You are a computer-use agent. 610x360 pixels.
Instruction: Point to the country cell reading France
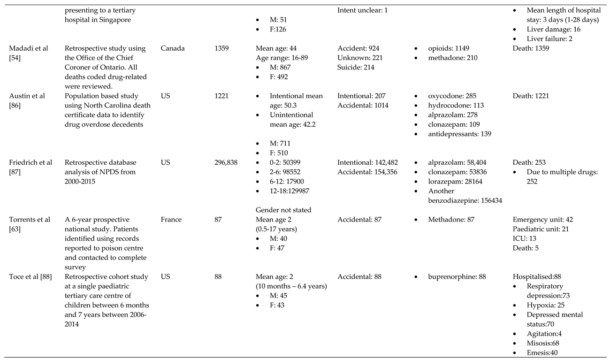point(171,220)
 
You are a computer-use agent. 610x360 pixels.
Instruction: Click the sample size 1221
point(222,96)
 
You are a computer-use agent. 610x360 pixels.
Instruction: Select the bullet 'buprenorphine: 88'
point(457,277)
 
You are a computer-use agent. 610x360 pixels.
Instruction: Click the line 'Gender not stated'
point(283,210)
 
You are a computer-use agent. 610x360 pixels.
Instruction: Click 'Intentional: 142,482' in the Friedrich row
point(367,162)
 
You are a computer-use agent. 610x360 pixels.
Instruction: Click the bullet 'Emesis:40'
point(542,352)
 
